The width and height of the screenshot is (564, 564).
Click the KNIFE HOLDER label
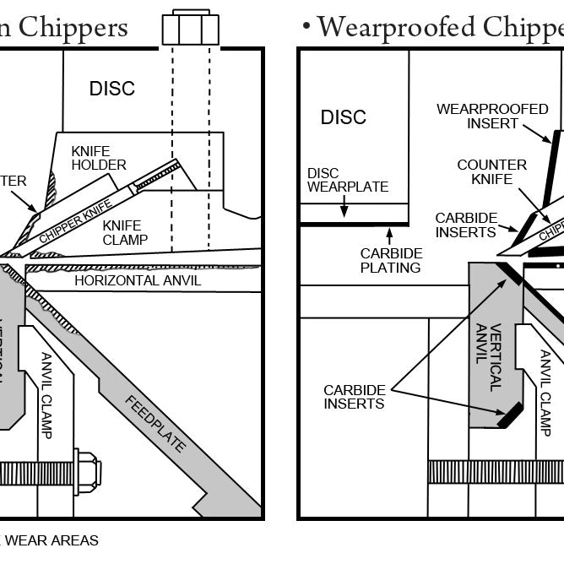[99, 158]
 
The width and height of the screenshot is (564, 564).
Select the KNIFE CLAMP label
[126, 232]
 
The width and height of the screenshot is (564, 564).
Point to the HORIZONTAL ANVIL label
[138, 280]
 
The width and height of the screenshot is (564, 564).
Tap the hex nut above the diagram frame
[190, 28]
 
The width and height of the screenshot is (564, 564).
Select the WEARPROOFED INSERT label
[492, 117]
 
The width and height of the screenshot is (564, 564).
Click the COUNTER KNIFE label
[492, 171]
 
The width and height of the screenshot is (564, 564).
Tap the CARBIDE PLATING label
[390, 260]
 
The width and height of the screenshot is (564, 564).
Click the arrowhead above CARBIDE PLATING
[390, 229]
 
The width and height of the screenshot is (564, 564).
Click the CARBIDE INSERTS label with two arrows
[355, 397]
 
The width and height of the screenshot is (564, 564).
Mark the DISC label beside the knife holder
[112, 89]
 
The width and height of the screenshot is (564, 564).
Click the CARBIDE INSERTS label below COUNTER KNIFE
[466, 225]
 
